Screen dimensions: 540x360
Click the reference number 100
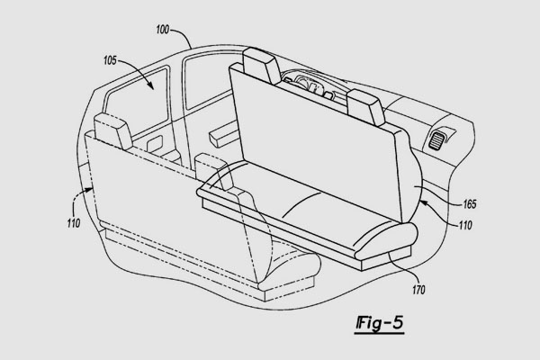(163, 30)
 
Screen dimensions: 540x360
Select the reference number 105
(110, 60)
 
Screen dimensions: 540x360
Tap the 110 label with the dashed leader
(74, 223)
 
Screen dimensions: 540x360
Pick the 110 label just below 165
(465, 225)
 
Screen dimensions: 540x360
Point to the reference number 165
(470, 204)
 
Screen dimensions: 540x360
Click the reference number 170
(418, 290)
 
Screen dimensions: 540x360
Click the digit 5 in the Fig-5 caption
(397, 322)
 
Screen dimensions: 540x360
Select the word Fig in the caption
(368, 324)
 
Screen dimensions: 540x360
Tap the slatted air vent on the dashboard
(436, 139)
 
